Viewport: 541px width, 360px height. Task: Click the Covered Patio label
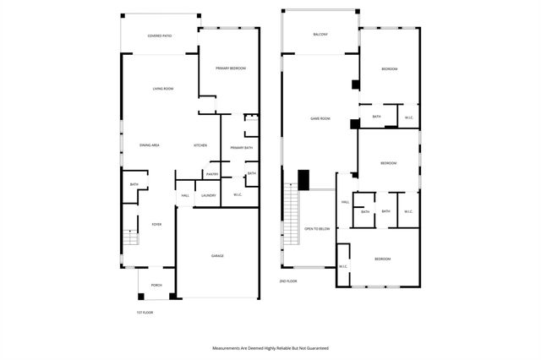tap(160, 36)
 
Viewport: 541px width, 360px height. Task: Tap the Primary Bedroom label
tap(230, 68)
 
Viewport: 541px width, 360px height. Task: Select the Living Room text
tap(163, 89)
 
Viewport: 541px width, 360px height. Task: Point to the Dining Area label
tap(150, 145)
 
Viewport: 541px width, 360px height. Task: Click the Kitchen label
tap(200, 145)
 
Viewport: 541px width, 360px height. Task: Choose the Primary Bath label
tap(241, 148)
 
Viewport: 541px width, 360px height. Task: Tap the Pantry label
tap(211, 174)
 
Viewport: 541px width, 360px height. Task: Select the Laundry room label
tap(208, 196)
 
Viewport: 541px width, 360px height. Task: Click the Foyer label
tap(156, 224)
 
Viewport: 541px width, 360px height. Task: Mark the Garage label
tap(217, 255)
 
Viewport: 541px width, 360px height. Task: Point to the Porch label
tap(156, 286)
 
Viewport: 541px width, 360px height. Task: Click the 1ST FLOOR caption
tap(145, 313)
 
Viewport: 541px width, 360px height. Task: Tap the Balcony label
tap(320, 35)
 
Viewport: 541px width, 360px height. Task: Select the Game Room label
tap(320, 118)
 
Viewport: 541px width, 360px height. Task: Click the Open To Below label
tap(316, 228)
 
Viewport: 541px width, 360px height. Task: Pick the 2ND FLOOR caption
tap(288, 281)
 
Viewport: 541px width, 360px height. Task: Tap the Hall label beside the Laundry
tap(185, 196)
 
